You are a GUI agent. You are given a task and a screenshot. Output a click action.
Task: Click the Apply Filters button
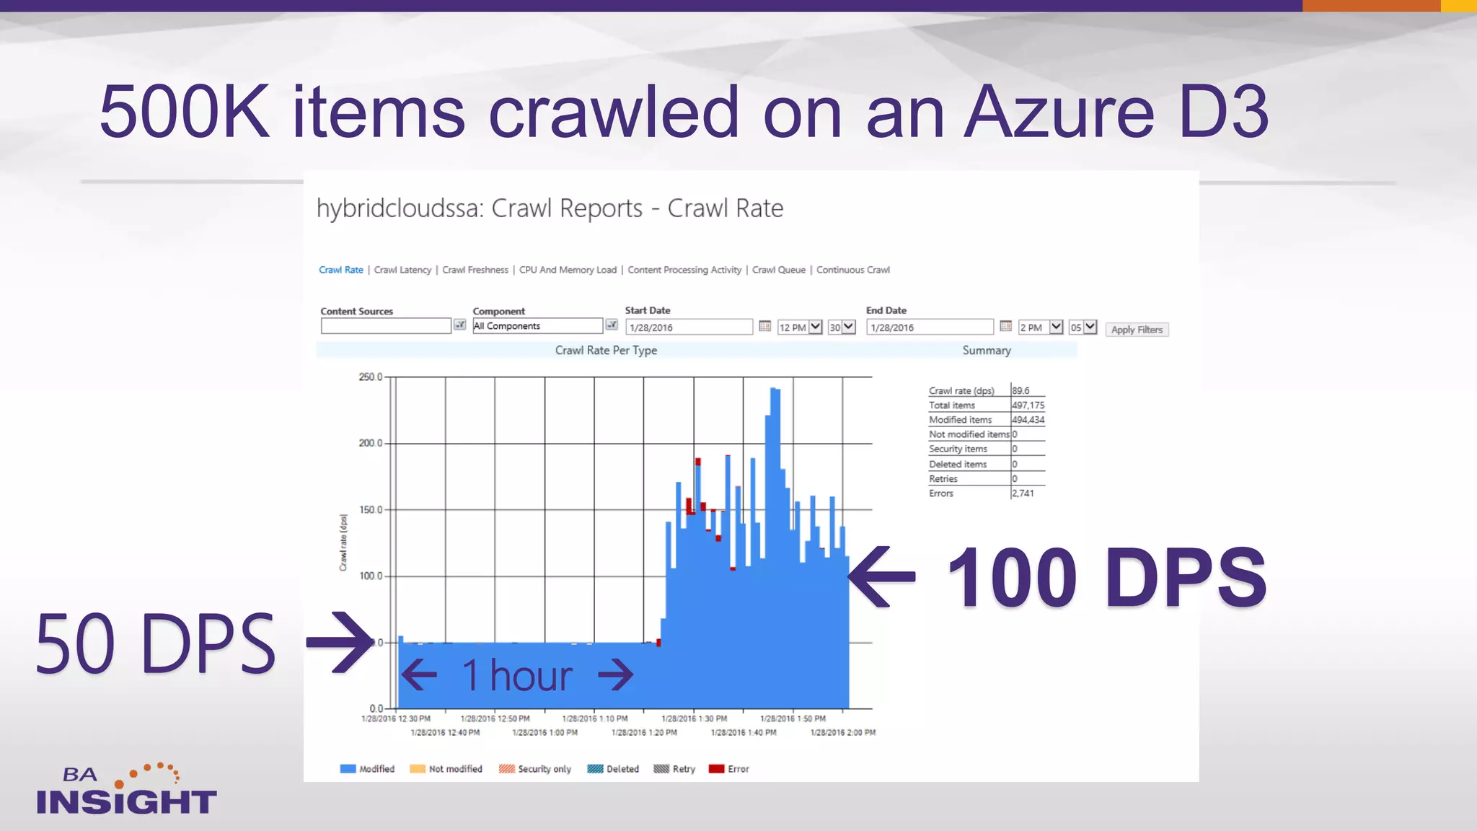pos(1137,330)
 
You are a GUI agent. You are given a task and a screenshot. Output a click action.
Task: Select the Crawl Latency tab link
pos(402,270)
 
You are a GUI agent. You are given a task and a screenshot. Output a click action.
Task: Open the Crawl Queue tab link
pos(778,270)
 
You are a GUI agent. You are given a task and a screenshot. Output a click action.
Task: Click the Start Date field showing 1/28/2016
pos(689,327)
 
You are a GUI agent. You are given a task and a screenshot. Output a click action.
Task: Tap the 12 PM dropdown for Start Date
pos(800,327)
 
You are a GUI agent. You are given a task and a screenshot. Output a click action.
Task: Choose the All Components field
pos(537,326)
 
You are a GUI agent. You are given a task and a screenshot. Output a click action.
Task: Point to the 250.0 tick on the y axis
pos(370,377)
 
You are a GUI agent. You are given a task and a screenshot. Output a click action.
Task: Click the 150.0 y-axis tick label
pos(370,509)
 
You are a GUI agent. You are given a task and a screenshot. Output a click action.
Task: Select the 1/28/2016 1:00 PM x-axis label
pos(544,732)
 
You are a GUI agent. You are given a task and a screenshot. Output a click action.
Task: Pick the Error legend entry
pos(729,769)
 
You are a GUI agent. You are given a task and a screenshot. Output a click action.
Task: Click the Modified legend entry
pos(367,769)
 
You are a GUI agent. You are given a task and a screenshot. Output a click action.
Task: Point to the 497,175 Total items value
pos(1028,405)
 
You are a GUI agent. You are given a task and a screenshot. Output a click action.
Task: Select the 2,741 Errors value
pos(1023,493)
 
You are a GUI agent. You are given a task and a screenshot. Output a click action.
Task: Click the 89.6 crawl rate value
pos(1020,390)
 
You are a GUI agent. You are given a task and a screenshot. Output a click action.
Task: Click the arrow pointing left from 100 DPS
pos(881,576)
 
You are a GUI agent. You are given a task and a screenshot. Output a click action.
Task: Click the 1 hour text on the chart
pos(517,675)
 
